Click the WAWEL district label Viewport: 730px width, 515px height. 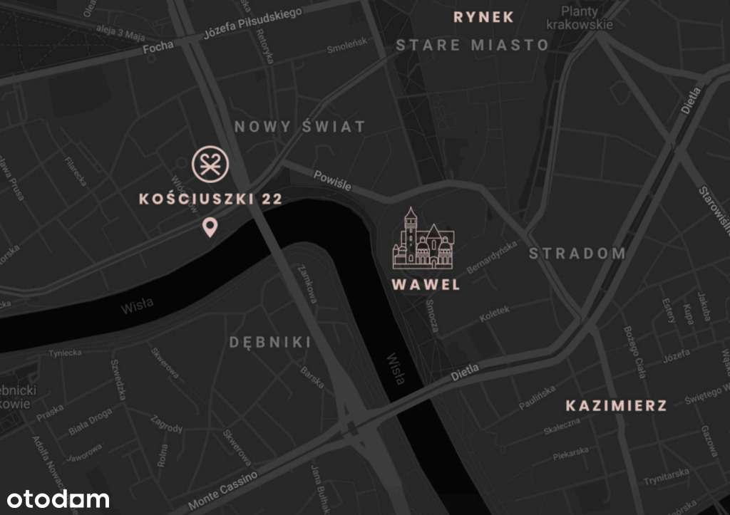(426, 285)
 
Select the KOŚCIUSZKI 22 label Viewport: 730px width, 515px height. (211, 199)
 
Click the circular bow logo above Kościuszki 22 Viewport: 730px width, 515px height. (209, 165)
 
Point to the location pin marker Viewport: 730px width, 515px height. (210, 228)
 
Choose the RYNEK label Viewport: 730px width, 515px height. (483, 17)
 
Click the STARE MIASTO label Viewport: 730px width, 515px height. (473, 45)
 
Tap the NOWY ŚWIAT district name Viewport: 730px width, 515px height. (299, 127)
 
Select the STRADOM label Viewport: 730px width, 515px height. (577, 253)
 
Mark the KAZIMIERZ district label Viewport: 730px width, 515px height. (617, 406)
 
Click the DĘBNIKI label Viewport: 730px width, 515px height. (270, 342)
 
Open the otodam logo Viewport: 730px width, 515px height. (58, 499)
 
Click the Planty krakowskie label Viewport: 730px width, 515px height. (580, 18)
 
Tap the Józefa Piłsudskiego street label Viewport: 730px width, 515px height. (252, 23)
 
